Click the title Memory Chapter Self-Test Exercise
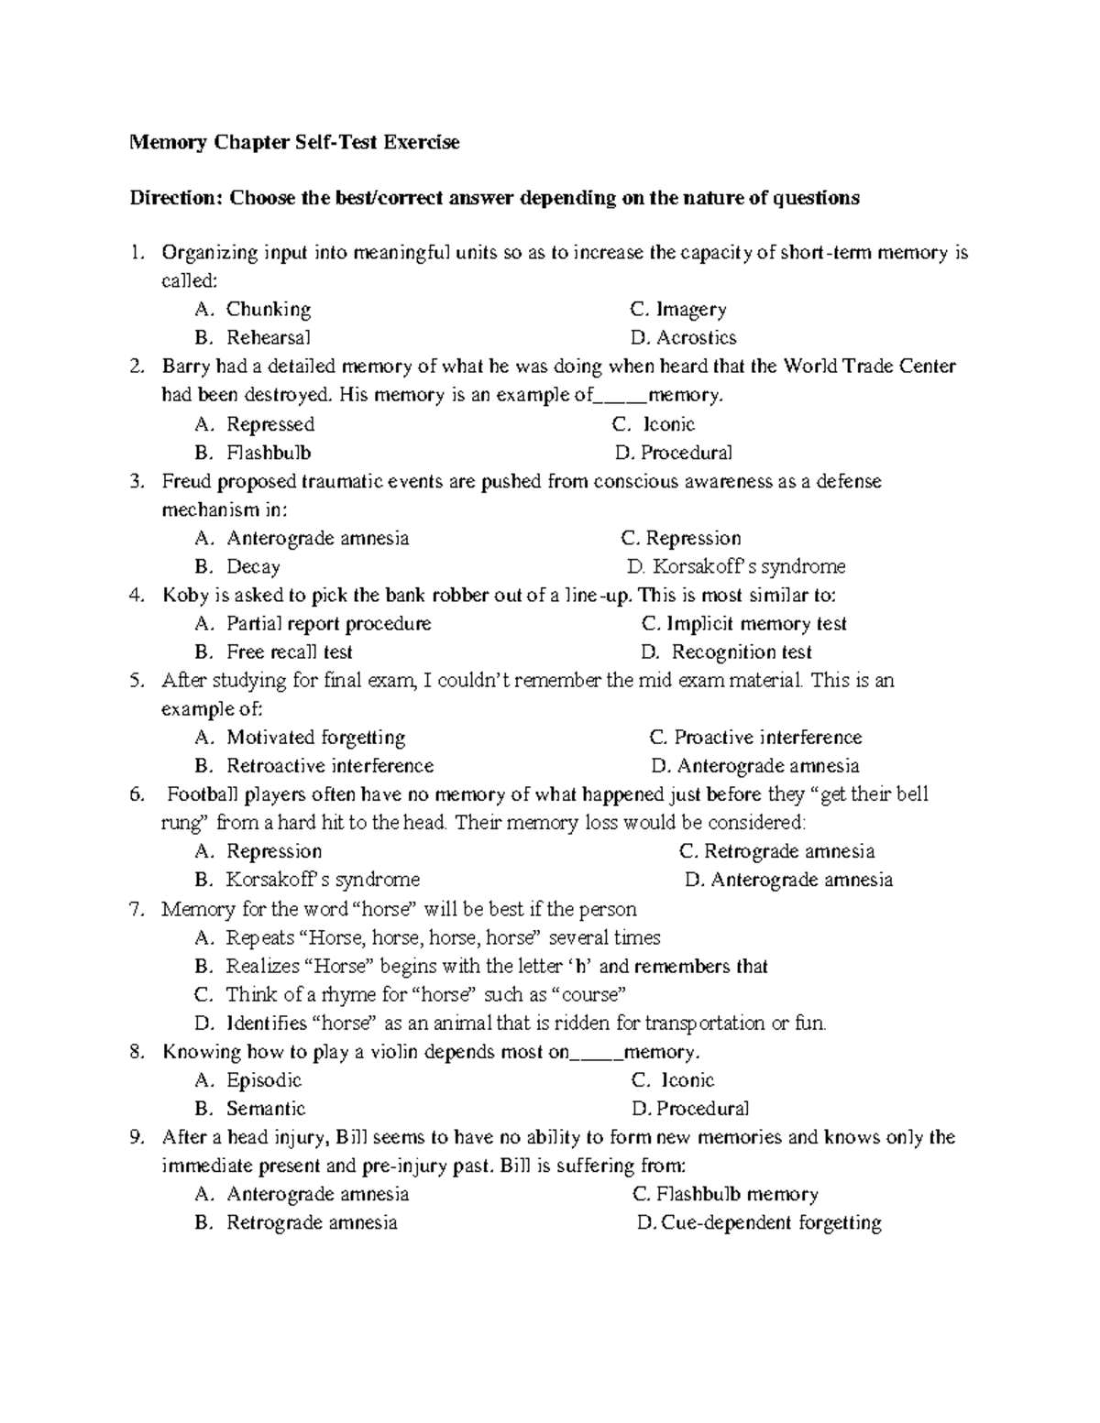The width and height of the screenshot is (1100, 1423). click(294, 142)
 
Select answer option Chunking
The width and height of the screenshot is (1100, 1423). click(269, 310)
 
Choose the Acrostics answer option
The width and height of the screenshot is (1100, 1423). click(696, 338)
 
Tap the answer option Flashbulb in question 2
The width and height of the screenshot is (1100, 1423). click(269, 453)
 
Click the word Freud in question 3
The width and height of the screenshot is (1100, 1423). click(186, 481)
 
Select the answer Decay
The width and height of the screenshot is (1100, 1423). click(253, 567)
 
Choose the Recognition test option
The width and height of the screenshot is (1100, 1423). click(742, 652)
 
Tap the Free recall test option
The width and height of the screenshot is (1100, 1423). click(289, 652)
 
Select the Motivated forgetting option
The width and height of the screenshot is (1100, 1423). click(315, 738)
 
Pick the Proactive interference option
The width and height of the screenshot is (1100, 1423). click(767, 738)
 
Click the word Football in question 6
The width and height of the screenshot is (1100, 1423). click(199, 794)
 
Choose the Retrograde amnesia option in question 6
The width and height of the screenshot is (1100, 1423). click(788, 852)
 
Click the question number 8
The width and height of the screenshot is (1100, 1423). click(137, 1052)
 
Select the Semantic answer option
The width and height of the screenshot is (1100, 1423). click(266, 1109)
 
